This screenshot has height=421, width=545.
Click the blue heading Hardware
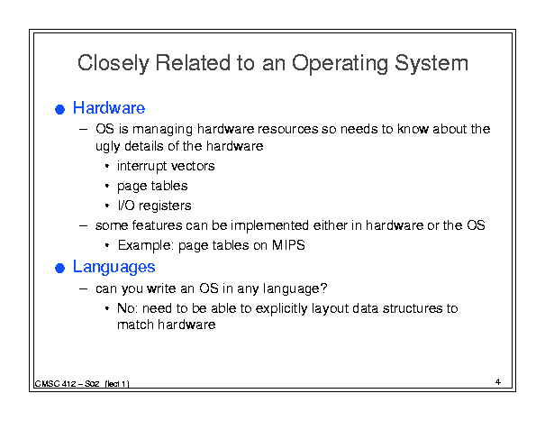[x=109, y=108]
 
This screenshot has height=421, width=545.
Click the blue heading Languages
[x=114, y=268]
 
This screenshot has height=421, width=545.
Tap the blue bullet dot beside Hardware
[x=59, y=109]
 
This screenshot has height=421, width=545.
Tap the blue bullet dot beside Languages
[x=59, y=269]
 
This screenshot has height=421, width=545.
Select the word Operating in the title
[x=340, y=64]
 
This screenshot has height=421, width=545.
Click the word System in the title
[x=431, y=64]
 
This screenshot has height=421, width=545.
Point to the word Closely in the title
[x=114, y=64]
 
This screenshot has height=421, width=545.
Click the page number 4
[x=498, y=382]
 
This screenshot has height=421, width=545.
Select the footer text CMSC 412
[x=56, y=384]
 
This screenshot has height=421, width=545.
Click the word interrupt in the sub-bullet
[x=141, y=167]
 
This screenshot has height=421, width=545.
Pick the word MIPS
[x=288, y=245]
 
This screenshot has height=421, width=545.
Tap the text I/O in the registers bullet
[x=126, y=206]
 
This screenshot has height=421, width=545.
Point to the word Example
[x=146, y=246]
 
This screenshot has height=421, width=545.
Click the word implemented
[x=269, y=225]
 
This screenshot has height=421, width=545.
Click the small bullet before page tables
[x=107, y=186]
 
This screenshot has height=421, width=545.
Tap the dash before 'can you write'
[x=84, y=288]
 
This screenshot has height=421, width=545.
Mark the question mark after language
[x=324, y=288]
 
